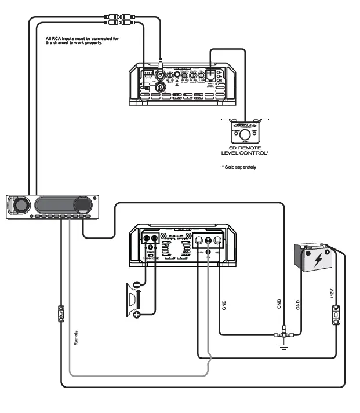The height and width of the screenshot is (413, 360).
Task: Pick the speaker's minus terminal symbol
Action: click(x=137, y=284)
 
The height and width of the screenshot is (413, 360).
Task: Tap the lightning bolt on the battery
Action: click(x=319, y=260)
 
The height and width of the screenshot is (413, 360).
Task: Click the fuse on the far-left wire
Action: click(x=61, y=314)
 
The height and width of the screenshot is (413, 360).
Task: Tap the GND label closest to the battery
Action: click(x=298, y=305)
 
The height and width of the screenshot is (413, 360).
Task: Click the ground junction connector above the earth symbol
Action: click(x=283, y=335)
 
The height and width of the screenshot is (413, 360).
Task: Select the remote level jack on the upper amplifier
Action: click(x=210, y=75)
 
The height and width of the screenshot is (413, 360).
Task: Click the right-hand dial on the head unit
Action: click(x=83, y=205)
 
